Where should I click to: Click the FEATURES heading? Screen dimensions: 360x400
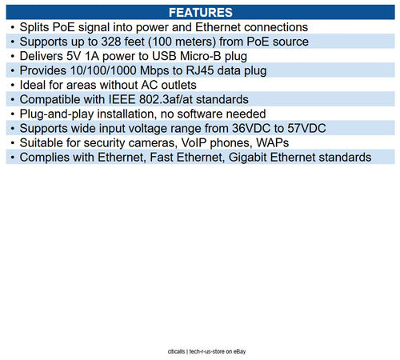pyautogui.click(x=200, y=13)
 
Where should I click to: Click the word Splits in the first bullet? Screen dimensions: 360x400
pyautogui.click(x=37, y=27)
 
